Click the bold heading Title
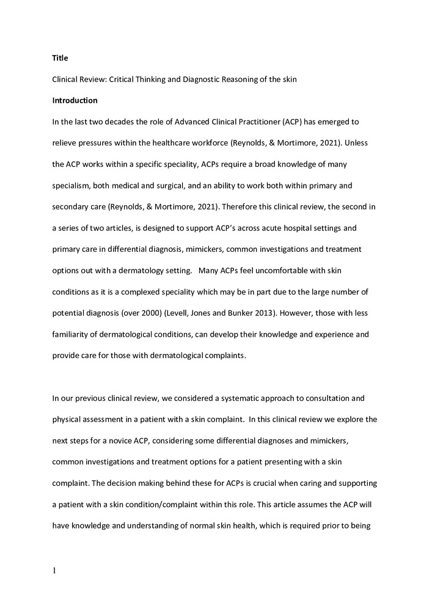tap(60, 58)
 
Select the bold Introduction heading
tap(75, 100)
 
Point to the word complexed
tap(135, 292)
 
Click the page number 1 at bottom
tap(54, 571)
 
